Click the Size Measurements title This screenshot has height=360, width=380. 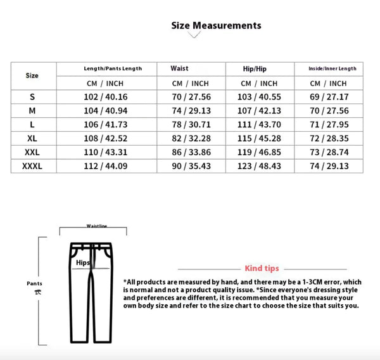216,25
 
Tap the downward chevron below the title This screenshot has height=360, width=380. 194,35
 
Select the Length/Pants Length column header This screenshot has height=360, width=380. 113,68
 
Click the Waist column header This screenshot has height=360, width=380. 179,68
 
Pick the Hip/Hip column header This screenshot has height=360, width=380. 255,68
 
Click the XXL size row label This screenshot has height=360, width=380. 32,152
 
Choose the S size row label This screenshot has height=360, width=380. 32,97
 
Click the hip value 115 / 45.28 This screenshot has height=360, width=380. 259,139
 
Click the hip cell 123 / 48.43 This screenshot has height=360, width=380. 259,166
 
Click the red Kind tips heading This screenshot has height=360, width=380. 262,268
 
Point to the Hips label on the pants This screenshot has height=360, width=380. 82,262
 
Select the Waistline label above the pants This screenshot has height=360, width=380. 97,225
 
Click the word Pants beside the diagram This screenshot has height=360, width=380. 34,283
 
